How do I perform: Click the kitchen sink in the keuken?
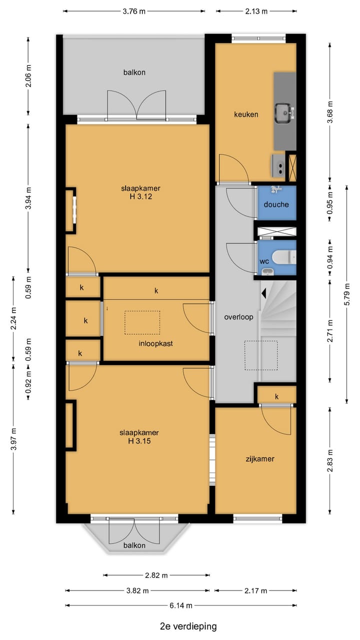point(283,113)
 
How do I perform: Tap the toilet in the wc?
point(284,257)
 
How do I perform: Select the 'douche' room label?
point(276,204)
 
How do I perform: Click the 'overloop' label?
point(238,317)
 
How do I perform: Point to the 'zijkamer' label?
point(260,459)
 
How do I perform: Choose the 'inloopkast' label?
point(155,343)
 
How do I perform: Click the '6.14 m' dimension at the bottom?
point(181,605)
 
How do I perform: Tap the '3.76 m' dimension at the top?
point(134,11)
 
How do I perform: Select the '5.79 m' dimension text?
point(347,294)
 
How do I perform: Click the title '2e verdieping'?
point(188,626)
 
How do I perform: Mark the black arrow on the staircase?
point(263,293)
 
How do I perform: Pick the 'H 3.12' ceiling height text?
point(141,196)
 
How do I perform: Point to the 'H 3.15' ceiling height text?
point(139,441)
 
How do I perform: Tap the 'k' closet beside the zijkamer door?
point(276,396)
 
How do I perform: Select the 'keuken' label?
point(246,114)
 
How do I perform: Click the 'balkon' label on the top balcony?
point(134,72)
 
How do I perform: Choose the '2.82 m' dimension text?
point(156,575)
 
